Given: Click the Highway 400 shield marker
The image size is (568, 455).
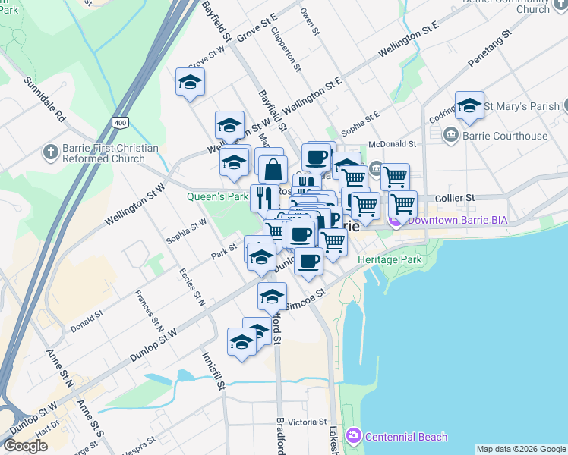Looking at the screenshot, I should [119, 122].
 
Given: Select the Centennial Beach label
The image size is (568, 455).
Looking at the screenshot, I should [405, 437].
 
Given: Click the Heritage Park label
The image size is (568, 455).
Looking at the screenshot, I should [390, 259].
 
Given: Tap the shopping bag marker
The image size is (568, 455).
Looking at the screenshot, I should [273, 169].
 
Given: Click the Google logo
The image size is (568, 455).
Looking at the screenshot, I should [24, 446].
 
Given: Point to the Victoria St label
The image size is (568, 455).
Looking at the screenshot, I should [307, 422].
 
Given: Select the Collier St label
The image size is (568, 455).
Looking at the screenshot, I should [455, 197].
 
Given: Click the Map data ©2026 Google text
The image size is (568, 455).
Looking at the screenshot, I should [521, 449].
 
